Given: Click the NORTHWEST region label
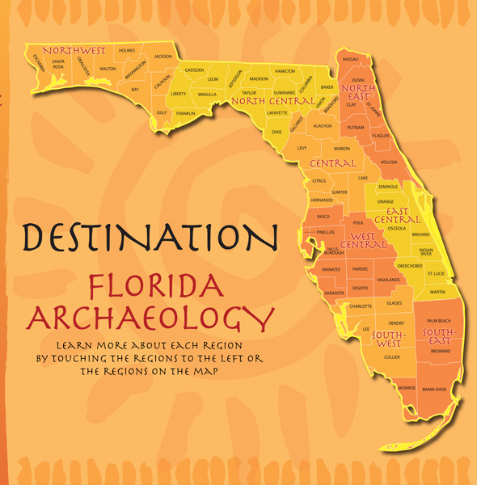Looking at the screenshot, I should tap(74, 51).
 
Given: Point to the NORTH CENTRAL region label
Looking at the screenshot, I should tap(272, 101).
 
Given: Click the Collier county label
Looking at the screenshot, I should tap(392, 356).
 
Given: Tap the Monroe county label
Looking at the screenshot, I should tap(407, 388).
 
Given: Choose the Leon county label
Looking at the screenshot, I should tap(213, 79).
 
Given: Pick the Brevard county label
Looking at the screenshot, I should tap(420, 234).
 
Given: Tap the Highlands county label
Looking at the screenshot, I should tap(388, 280).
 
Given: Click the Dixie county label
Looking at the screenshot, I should tap(276, 131).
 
